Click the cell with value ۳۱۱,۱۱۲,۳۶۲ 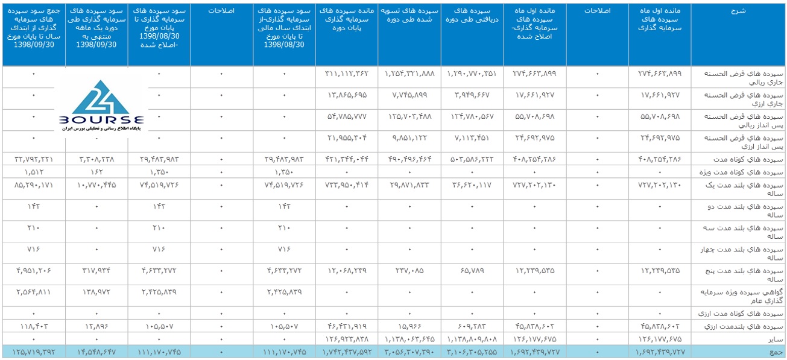(346, 74)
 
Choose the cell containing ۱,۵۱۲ (33, 172)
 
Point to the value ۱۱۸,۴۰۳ (33, 326)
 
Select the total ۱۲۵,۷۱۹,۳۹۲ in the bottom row (33, 351)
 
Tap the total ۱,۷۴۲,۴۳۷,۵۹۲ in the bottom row (346, 351)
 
